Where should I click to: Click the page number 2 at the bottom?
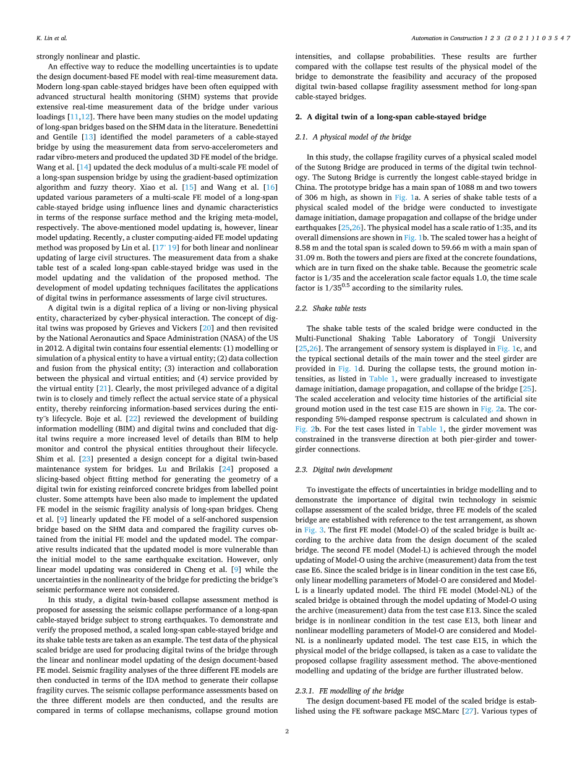click(x=287, y=731)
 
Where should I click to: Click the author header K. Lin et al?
click(x=51, y=38)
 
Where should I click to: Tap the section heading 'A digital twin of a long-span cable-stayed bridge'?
click(x=395, y=117)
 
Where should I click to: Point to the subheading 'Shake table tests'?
click(x=339, y=308)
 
